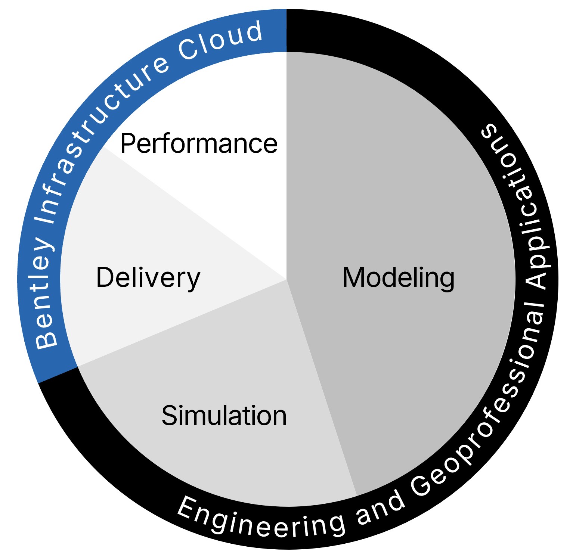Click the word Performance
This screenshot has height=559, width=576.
pyautogui.click(x=199, y=143)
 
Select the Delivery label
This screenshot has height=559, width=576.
pyautogui.click(x=148, y=278)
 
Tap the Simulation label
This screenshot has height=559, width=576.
pyautogui.click(x=224, y=416)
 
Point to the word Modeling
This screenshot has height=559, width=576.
pyautogui.click(x=398, y=278)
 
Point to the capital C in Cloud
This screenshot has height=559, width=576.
pyautogui.click(x=188, y=50)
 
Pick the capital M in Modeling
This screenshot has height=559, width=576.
pyautogui.click(x=354, y=278)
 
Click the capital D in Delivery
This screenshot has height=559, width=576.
pyautogui.click(x=106, y=278)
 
